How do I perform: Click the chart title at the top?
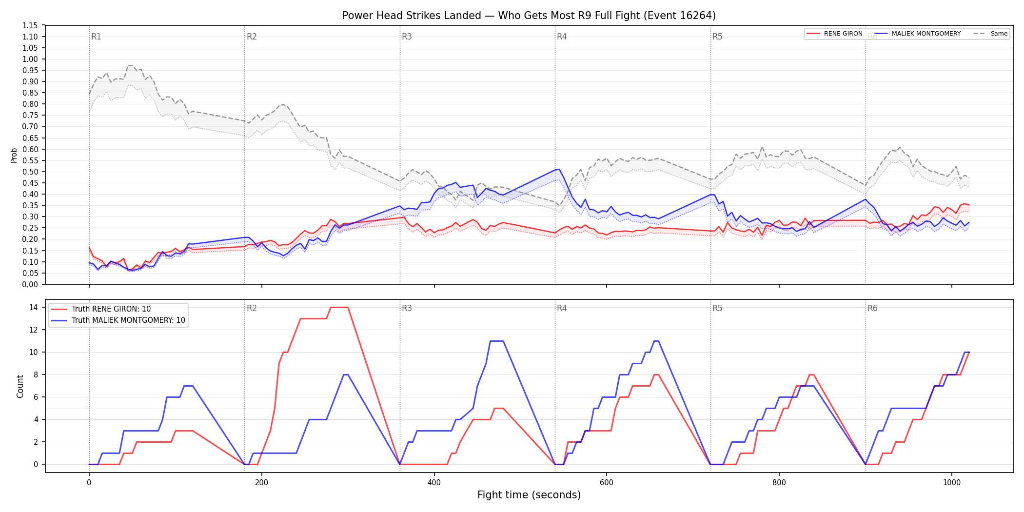point(529,16)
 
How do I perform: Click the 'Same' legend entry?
point(990,34)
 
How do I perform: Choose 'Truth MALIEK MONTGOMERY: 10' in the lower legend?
point(118,320)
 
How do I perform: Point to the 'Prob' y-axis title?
point(14,155)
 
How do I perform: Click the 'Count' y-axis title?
point(20,386)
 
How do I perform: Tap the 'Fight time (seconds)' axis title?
point(529,495)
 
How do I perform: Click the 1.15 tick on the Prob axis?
point(30,25)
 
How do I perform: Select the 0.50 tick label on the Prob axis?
point(30,172)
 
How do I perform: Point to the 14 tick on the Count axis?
point(34,307)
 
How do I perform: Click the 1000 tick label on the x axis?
point(952,483)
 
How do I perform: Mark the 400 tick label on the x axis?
point(434,483)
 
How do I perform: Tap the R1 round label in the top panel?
point(96,37)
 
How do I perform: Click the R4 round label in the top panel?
point(562,37)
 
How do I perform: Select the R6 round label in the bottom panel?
point(872,308)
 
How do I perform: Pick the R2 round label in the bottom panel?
point(252,308)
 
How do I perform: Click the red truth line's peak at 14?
point(339,307)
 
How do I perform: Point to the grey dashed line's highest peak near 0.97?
point(130,65)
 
